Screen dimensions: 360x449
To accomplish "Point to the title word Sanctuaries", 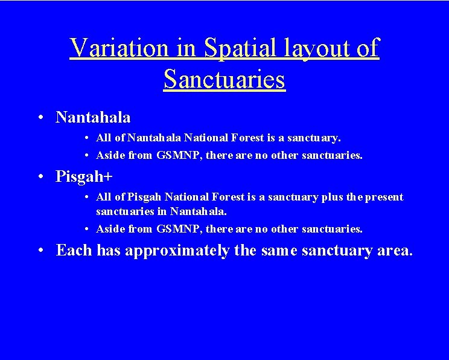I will click(224, 79).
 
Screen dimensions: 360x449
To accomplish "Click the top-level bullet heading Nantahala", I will click(93, 117).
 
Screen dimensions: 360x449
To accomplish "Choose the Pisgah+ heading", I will click(84, 176).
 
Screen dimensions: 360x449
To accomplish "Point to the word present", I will click(384, 197).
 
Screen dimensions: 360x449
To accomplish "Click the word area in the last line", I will click(393, 251).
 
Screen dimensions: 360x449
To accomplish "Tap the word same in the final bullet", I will click(282, 251).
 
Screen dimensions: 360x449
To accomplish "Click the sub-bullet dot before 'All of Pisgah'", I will click(88, 198).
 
